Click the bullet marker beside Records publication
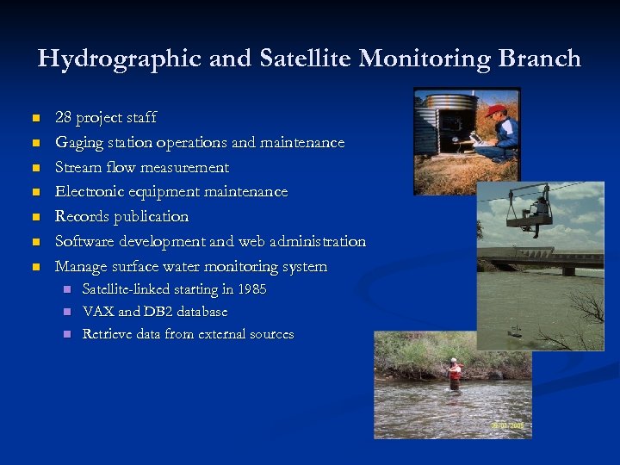(x=35, y=216)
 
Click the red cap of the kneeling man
(x=494, y=110)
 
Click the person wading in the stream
(x=454, y=375)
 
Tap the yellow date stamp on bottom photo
(x=508, y=425)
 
